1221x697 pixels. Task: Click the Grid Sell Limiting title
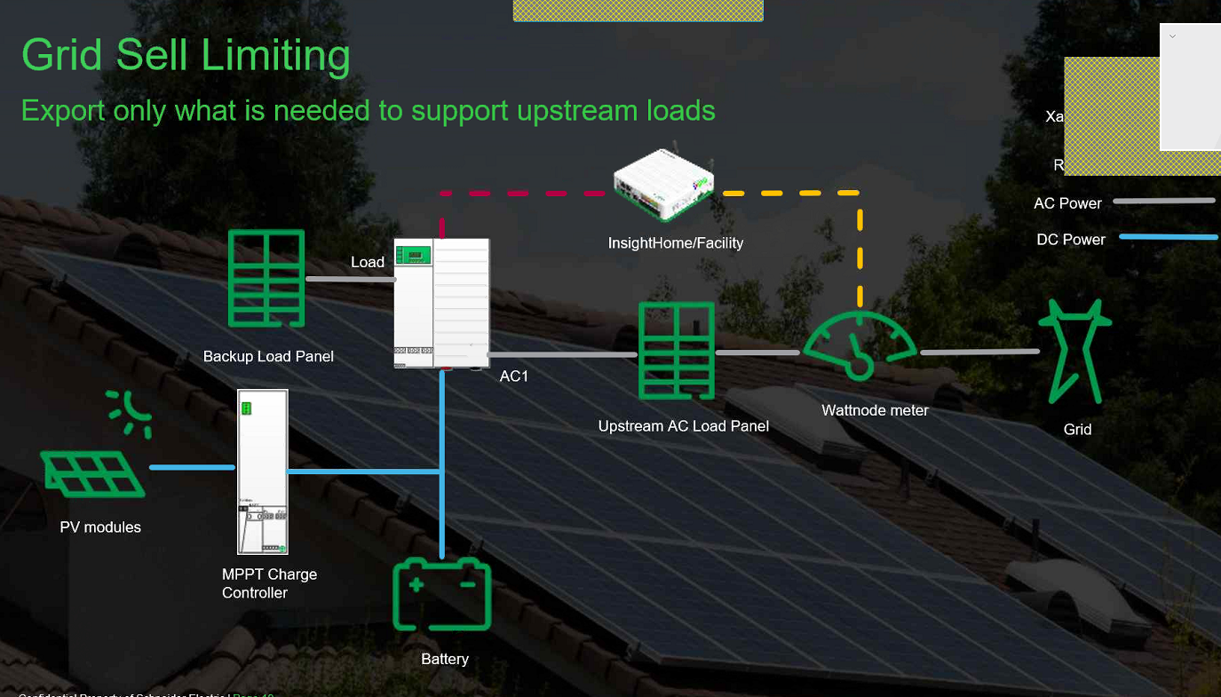pos(186,55)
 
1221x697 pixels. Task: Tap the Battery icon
pos(441,594)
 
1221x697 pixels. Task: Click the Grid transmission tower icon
pos(1077,351)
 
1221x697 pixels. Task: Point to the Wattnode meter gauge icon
pos(860,347)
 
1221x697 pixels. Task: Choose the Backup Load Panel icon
pos(266,278)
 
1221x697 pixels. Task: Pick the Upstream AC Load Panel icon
pos(677,352)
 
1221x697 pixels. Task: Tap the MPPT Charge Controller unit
pos(263,471)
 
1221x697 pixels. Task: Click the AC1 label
pos(514,376)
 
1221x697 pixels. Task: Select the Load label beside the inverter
pos(368,262)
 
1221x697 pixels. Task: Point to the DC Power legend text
pos(1071,240)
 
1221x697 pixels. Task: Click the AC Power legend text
pos(1067,203)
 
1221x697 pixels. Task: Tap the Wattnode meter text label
pos(875,410)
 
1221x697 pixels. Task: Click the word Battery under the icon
pos(445,659)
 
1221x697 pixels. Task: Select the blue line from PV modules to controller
pos(192,467)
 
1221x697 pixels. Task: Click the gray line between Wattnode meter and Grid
pos(979,352)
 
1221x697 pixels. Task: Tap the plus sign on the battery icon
pos(415,584)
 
